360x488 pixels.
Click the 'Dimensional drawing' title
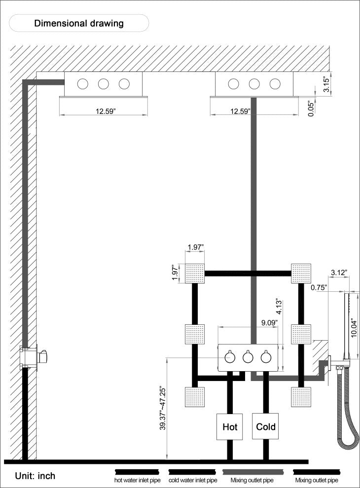(x=79, y=23)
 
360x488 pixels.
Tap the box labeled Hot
(x=229, y=426)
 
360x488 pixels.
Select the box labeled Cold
(x=265, y=426)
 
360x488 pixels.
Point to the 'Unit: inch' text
(x=35, y=476)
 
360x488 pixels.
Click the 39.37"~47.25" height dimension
(x=163, y=409)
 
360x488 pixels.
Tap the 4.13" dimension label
(x=279, y=307)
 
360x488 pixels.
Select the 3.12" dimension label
(x=339, y=273)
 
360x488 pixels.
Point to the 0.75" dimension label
(x=319, y=287)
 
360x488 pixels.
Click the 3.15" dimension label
(x=326, y=84)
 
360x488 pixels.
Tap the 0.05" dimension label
(x=311, y=108)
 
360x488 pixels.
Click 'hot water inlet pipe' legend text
(x=137, y=480)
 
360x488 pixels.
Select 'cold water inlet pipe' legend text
(x=193, y=480)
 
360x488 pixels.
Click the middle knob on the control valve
(x=248, y=357)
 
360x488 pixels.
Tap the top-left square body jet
(x=195, y=274)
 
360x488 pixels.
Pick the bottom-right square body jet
(x=301, y=396)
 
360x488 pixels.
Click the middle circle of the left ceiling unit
(x=104, y=84)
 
